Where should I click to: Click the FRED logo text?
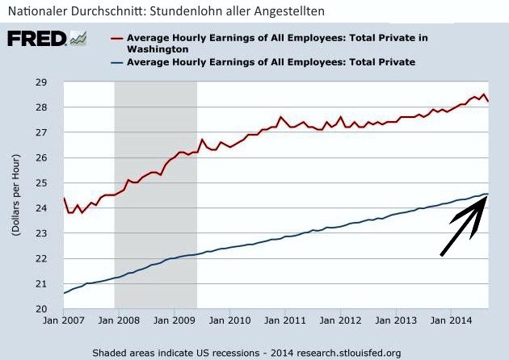[x=36, y=40]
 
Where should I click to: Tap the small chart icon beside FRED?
[x=79, y=39]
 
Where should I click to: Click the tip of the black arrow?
[x=484, y=195]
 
